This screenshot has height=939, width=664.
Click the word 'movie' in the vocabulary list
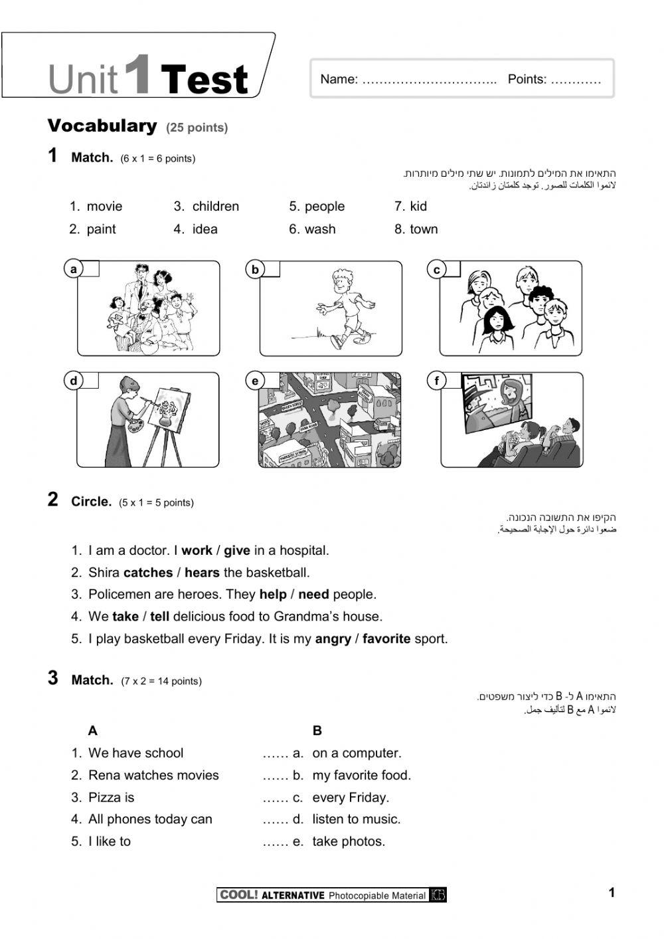104,207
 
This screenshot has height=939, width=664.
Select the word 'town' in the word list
424,229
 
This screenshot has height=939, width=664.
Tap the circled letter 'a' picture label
74,269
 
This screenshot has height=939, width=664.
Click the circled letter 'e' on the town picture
255,381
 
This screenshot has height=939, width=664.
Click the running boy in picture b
343,306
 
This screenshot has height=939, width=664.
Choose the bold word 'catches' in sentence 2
147,573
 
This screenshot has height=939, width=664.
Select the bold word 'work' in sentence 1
197,551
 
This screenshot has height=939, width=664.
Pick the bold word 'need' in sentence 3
313,595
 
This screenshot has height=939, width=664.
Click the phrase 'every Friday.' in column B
351,797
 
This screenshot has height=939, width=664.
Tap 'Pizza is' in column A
111,797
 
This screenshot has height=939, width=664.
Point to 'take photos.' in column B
349,841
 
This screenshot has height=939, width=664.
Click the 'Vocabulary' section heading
102,126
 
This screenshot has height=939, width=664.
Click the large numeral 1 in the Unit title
137,74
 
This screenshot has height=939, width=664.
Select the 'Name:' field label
339,80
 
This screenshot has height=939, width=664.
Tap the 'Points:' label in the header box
527,80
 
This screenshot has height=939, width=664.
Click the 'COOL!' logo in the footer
238,895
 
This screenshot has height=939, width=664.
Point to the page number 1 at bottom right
612,892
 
